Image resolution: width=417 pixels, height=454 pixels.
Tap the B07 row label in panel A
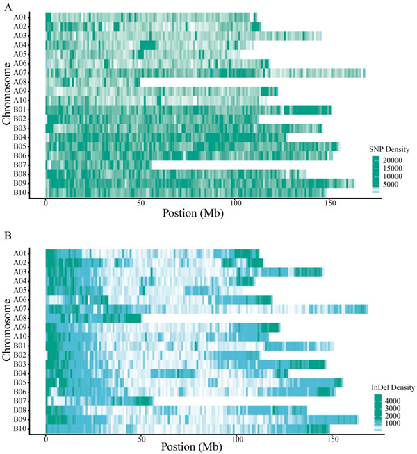coord(20,165)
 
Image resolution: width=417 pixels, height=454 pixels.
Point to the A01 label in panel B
coord(20,253)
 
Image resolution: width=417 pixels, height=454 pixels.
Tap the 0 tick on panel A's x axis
coord(46,206)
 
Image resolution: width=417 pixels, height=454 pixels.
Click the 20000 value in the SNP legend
coord(394,161)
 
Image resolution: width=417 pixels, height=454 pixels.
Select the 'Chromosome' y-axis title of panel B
coord(6,341)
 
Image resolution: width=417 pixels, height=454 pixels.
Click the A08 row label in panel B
coord(20,318)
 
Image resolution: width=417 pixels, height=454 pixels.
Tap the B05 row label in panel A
coord(20,146)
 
